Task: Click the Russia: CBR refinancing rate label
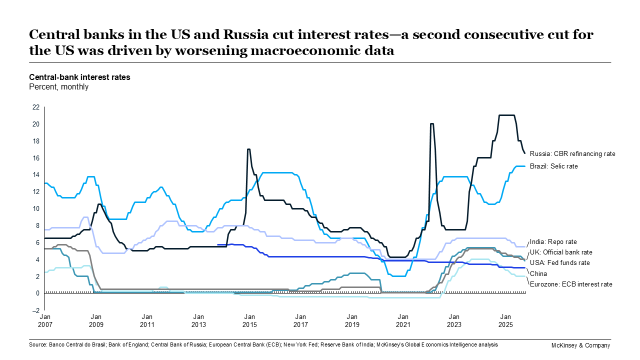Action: click(x=572, y=154)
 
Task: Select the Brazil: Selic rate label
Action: click(x=554, y=166)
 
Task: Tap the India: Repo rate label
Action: click(x=553, y=241)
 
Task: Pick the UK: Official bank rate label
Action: click(x=561, y=252)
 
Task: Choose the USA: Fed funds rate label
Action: click(x=559, y=262)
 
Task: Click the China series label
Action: click(x=538, y=273)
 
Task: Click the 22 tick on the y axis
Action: click(x=36, y=107)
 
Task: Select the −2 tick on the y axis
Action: click(x=36, y=310)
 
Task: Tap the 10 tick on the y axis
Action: click(x=36, y=208)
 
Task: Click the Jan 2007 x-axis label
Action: click(x=44, y=320)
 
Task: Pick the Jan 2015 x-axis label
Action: click(x=249, y=320)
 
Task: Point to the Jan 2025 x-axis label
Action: click(x=505, y=320)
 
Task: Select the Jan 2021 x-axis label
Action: click(x=403, y=320)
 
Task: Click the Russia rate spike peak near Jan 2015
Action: click(x=248, y=149)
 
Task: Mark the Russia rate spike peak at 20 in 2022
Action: click(x=431, y=123)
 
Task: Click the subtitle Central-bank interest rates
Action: click(x=79, y=77)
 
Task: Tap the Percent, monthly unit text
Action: click(x=58, y=86)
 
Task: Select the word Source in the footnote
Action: click(x=37, y=345)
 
